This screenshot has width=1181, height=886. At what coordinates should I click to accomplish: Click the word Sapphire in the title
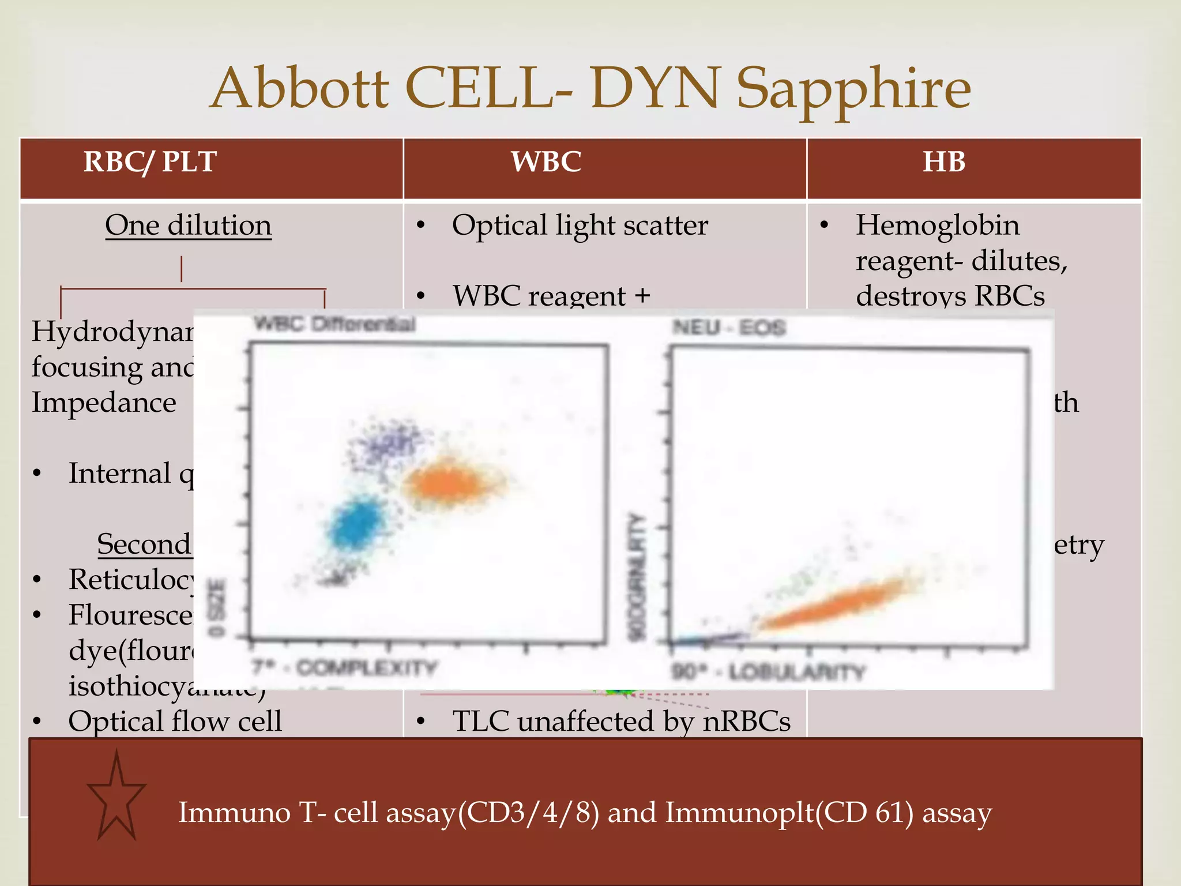pyautogui.click(x=853, y=89)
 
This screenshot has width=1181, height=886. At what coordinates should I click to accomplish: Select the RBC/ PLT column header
pyautogui.click(x=150, y=162)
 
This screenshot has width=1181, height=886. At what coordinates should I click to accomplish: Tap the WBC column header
pyautogui.click(x=546, y=162)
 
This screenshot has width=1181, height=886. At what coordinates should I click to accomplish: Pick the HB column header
pyautogui.click(x=944, y=162)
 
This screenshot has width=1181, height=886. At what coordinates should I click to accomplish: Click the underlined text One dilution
pyautogui.click(x=188, y=226)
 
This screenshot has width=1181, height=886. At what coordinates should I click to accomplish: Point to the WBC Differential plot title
pyautogui.click(x=334, y=324)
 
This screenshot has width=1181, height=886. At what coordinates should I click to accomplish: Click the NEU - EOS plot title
pyautogui.click(x=729, y=328)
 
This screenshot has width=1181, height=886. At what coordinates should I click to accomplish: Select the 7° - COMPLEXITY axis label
pyautogui.click(x=344, y=668)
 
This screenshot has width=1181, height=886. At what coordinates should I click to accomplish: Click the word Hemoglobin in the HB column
pyautogui.click(x=937, y=226)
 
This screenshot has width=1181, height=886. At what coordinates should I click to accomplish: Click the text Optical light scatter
pyautogui.click(x=580, y=226)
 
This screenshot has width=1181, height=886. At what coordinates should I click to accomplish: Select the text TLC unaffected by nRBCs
pyautogui.click(x=621, y=722)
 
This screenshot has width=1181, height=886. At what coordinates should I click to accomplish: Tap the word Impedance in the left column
pyautogui.click(x=104, y=403)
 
